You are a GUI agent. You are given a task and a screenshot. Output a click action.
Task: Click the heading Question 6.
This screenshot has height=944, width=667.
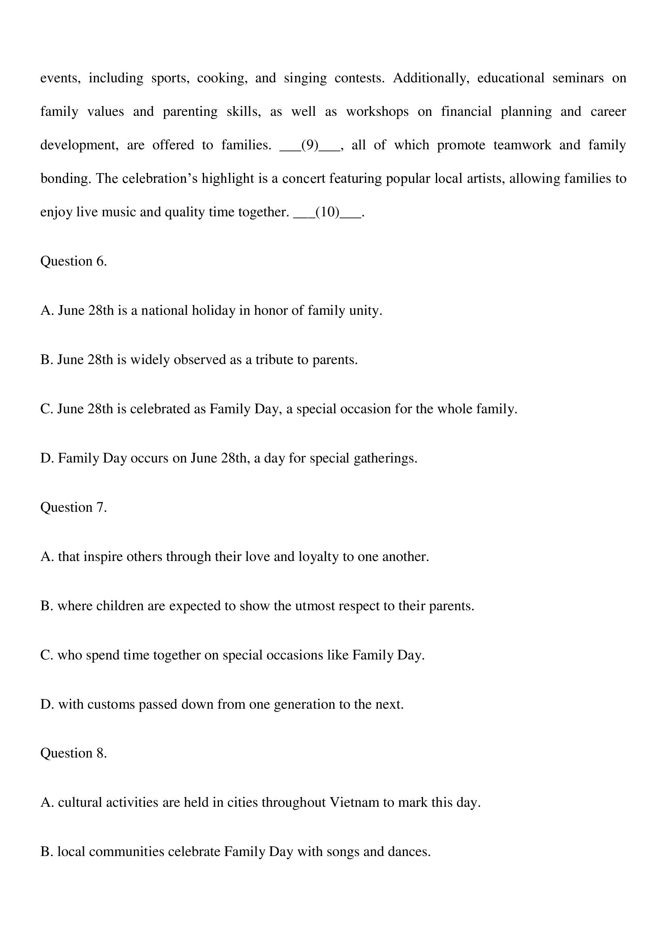(x=73, y=262)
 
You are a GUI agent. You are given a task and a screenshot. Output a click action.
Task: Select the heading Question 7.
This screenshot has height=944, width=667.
(x=73, y=507)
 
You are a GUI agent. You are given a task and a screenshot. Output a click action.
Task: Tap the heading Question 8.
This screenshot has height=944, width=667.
(x=73, y=753)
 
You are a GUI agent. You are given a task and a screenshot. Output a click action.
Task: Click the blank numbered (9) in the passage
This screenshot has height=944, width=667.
(x=310, y=145)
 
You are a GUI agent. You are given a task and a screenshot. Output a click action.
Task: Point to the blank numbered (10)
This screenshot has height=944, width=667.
(x=327, y=212)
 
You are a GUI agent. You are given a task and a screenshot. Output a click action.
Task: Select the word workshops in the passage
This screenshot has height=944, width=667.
(x=377, y=112)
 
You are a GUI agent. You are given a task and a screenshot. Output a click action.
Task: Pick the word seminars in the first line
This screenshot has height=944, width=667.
(x=578, y=78)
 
